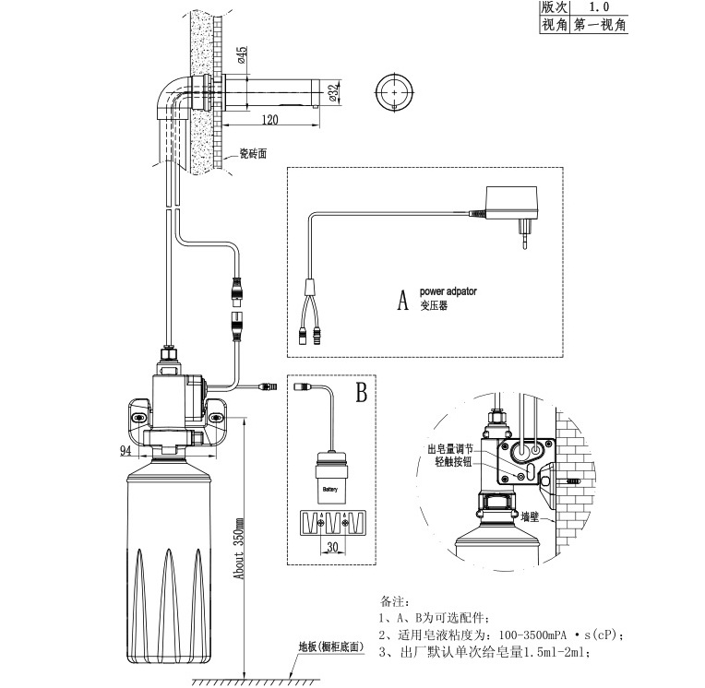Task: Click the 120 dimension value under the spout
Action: [x=269, y=120]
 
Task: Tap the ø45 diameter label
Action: [x=242, y=54]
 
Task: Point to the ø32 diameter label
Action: [x=333, y=92]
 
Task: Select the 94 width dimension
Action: [x=125, y=450]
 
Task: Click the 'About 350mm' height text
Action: [x=239, y=548]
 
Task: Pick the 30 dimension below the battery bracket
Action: [x=332, y=547]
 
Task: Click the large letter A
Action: [x=402, y=300]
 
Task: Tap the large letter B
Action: [x=362, y=392]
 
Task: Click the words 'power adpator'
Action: [x=448, y=291]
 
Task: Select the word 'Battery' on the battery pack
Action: [x=330, y=490]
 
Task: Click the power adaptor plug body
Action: [x=511, y=203]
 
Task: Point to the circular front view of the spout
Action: [x=394, y=92]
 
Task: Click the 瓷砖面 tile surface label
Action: [x=253, y=154]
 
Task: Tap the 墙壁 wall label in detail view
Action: [x=530, y=516]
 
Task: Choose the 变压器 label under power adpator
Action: [x=434, y=305]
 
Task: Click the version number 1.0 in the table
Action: [x=599, y=6]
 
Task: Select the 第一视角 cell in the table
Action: [x=600, y=25]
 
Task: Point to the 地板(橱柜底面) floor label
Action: [x=331, y=647]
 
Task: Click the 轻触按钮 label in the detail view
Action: [x=454, y=461]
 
